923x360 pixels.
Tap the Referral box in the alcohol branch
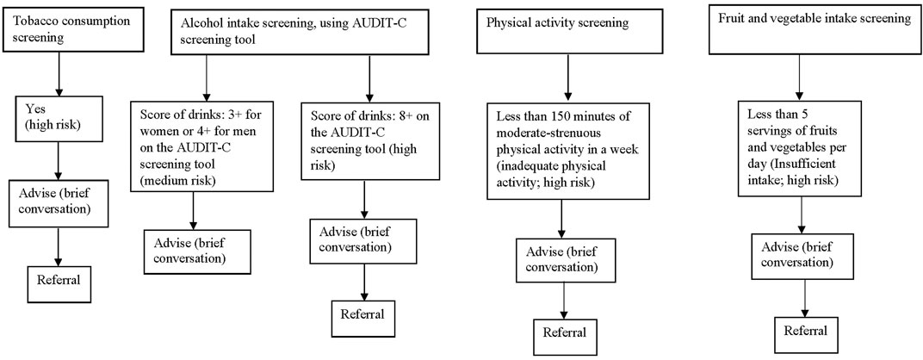tap(361, 312)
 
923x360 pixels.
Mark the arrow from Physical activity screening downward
tap(565, 81)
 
